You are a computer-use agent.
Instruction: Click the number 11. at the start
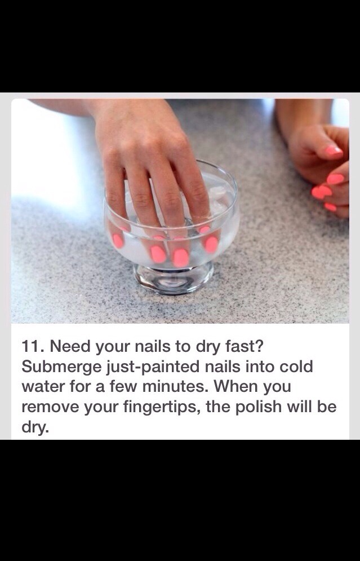pos(33,346)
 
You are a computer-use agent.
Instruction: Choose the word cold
pos(292,367)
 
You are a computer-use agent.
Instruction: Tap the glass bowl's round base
pos(174,278)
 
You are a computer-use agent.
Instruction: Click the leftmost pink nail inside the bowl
pos(118,241)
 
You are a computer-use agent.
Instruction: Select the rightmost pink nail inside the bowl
pos(211,244)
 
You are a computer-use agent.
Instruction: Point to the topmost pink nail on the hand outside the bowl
pos(334,151)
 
